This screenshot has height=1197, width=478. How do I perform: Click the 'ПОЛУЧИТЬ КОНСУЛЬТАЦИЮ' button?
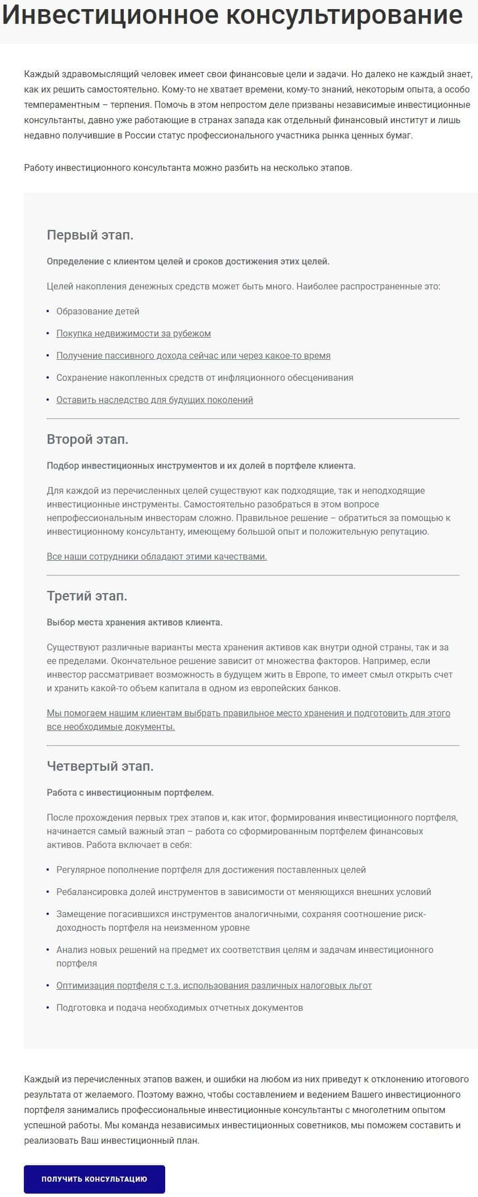(94, 1179)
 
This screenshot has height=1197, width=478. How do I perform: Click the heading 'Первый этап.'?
(90, 235)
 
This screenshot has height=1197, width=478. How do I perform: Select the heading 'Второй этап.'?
(87, 439)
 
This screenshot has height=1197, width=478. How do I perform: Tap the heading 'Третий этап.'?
(87, 596)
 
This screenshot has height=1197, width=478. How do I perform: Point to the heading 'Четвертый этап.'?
(100, 766)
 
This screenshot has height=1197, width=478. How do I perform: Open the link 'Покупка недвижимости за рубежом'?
(133, 333)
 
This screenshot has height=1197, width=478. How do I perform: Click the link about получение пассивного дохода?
(193, 355)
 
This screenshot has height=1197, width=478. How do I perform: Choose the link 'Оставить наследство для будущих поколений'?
(154, 400)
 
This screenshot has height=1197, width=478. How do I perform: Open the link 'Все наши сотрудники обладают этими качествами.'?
(157, 556)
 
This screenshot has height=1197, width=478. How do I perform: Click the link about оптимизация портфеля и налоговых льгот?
(214, 985)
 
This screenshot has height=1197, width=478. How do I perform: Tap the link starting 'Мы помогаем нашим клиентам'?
(248, 713)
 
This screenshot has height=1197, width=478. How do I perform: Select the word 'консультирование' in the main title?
(345, 16)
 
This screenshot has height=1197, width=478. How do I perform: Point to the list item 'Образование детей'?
(98, 311)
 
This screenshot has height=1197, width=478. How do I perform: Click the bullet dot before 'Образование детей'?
(48, 311)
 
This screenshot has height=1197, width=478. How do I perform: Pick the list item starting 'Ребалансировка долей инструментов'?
(244, 892)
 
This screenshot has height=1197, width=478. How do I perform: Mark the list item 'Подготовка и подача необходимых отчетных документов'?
(179, 1007)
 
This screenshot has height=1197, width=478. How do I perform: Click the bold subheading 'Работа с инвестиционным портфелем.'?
(130, 792)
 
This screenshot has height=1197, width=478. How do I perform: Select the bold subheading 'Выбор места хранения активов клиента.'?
(135, 622)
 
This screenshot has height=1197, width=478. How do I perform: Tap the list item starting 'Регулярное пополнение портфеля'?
(211, 870)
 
